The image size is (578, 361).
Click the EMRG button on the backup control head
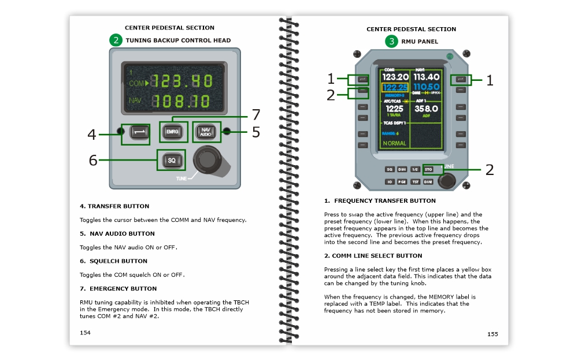pyautogui.click(x=172, y=132)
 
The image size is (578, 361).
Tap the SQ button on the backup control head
pyautogui.click(x=171, y=159)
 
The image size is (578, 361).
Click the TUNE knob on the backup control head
pyautogui.click(x=208, y=159)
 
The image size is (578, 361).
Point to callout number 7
pyautogui.click(x=255, y=114)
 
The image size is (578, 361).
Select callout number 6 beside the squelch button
pyautogui.click(x=93, y=159)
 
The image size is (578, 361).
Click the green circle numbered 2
pyautogui.click(x=116, y=40)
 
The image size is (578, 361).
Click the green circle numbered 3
pyautogui.click(x=392, y=41)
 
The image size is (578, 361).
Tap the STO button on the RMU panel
pyautogui.click(x=428, y=169)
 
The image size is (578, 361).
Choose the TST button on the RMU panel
pyautogui.click(x=416, y=182)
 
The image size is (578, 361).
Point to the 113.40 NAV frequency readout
pyautogui.click(x=426, y=77)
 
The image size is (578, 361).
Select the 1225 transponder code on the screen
pyautogui.click(x=394, y=109)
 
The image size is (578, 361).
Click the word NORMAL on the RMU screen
pyautogui.click(x=394, y=143)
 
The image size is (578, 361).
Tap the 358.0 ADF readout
pyautogui.click(x=426, y=109)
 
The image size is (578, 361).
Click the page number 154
pyautogui.click(x=85, y=332)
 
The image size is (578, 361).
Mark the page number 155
pyautogui.click(x=492, y=334)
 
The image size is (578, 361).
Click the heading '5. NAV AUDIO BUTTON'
pyautogui.click(x=117, y=234)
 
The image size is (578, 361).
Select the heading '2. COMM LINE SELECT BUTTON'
pyautogui.click(x=373, y=255)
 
